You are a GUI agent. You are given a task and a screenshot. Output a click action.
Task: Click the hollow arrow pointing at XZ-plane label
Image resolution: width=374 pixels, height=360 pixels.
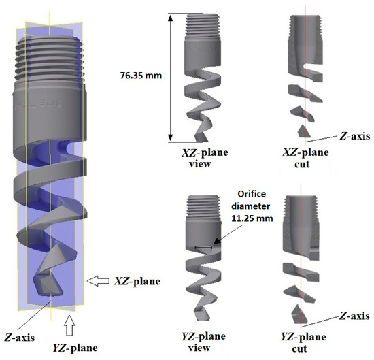100,278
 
